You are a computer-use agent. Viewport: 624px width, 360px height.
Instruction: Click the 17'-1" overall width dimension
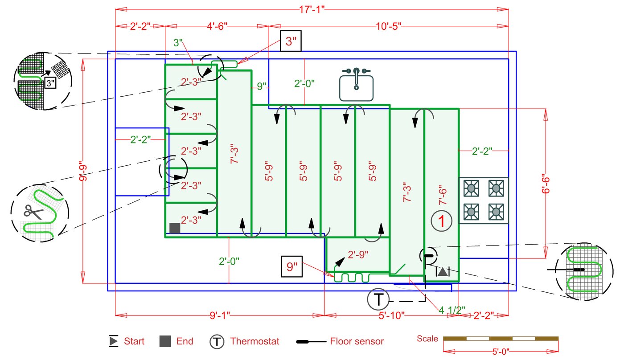coord(312,9)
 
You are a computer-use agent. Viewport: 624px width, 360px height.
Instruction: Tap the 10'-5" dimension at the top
coord(389,26)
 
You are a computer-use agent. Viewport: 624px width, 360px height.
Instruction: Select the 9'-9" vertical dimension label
coord(83,171)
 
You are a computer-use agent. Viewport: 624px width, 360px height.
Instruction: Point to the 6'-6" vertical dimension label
coord(546,184)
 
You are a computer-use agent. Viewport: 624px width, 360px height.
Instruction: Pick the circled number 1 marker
coord(442,221)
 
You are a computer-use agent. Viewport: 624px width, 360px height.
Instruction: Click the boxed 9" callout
coord(291,266)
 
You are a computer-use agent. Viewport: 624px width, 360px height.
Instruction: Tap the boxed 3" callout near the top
coord(291,41)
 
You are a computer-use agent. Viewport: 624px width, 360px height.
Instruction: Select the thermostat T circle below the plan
coord(378,299)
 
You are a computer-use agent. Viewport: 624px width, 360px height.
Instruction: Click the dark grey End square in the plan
coord(175,228)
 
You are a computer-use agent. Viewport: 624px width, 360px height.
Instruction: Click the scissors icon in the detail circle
coord(33,212)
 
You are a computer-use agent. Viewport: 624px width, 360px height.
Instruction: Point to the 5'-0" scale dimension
coord(501,352)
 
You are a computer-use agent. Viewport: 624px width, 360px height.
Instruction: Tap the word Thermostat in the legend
coord(255,341)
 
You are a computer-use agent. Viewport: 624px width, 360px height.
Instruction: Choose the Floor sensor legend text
coord(357,341)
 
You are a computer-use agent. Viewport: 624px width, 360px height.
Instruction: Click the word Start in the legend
coord(134,341)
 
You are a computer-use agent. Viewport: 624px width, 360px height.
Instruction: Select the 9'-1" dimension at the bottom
coord(220,315)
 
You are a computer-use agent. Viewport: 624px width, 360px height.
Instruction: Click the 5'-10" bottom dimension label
coord(391,315)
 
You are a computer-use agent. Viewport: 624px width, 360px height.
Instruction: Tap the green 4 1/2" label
coord(452,310)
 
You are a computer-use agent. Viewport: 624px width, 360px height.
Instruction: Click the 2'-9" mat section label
coord(358,254)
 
